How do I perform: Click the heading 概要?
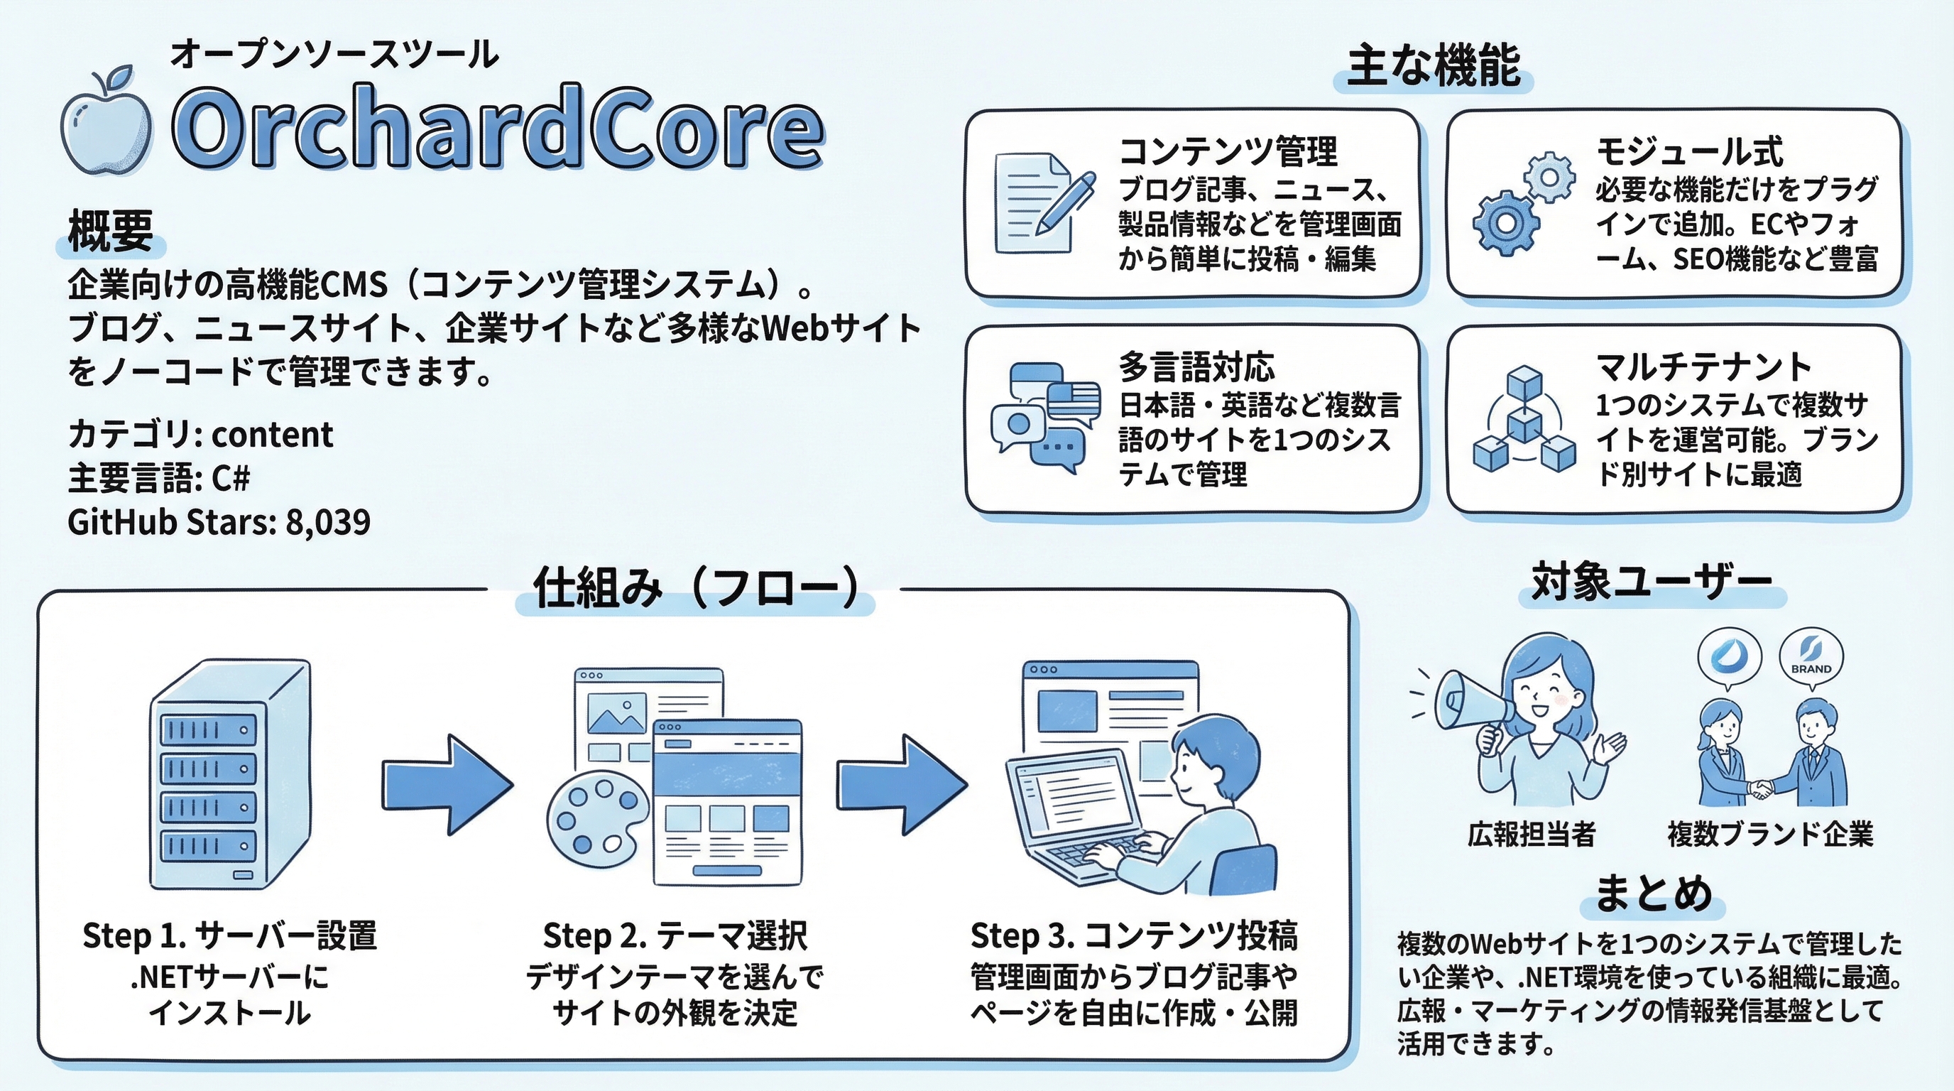(x=111, y=231)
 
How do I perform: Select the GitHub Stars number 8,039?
(x=328, y=523)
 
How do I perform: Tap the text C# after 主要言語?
(x=231, y=479)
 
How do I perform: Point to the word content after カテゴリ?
(x=273, y=435)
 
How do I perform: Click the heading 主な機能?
(x=1433, y=67)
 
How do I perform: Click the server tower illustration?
(x=230, y=774)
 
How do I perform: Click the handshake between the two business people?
(x=1761, y=789)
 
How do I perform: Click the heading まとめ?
(x=1653, y=893)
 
